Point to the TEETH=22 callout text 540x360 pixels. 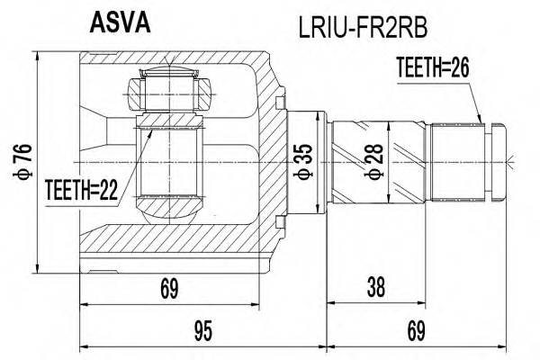pyautogui.click(x=80, y=190)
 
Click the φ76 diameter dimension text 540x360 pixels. pyautogui.click(x=19, y=161)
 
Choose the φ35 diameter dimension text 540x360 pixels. pyautogui.click(x=307, y=159)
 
